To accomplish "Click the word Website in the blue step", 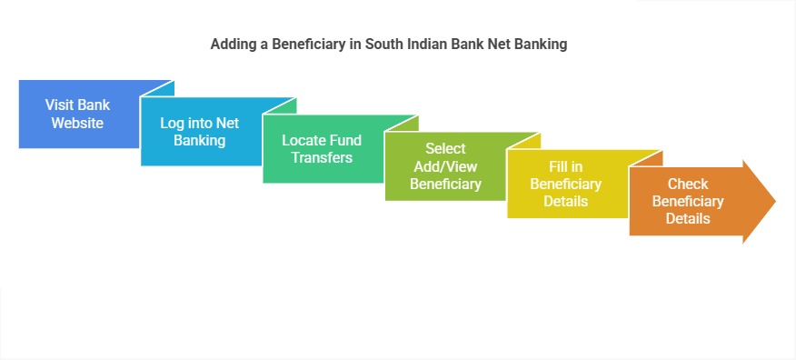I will click(77, 123).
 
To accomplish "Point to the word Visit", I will click(61, 105).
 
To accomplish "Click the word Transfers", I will click(321, 157).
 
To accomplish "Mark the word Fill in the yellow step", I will click(557, 167).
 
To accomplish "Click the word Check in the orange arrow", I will click(688, 185).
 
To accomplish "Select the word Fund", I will click(345, 140).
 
